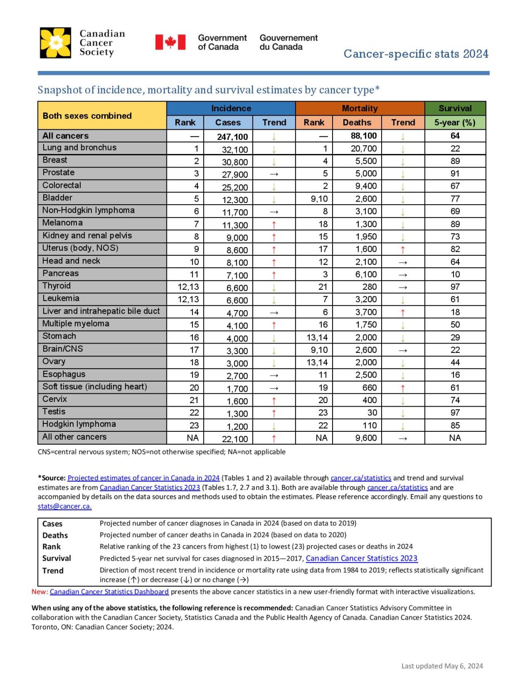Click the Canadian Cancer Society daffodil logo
[55, 43]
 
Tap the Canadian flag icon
[170, 42]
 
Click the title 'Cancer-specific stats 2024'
[416, 54]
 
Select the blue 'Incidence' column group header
[231, 108]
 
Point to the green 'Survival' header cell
[455, 108]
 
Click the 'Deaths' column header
[357, 122]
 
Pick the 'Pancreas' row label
[61, 273]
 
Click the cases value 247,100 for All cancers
[232, 137]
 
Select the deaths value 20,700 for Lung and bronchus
[363, 149]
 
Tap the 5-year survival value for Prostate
[455, 173]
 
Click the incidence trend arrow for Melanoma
[274, 225]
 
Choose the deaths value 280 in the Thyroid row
[369, 287]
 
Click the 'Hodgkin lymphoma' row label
[79, 424]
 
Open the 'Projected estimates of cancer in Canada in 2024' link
[143, 478]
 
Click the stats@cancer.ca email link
[64, 506]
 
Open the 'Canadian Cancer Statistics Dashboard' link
[109, 591]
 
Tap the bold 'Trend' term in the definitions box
[53, 571]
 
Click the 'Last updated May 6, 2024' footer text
[442, 666]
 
